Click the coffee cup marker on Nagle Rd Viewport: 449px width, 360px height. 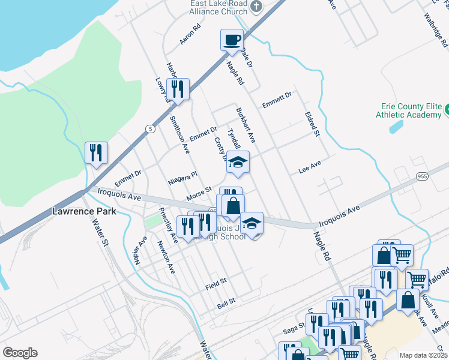click(x=232, y=41)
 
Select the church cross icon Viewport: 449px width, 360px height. click(x=256, y=6)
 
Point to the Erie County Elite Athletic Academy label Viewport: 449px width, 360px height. click(x=408, y=109)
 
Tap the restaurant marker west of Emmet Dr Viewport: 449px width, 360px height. click(x=96, y=154)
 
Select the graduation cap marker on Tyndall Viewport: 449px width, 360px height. click(x=238, y=162)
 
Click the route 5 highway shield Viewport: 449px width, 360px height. click(x=149, y=128)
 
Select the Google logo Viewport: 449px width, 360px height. click(x=20, y=353)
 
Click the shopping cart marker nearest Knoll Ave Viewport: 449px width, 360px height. click(x=417, y=279)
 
